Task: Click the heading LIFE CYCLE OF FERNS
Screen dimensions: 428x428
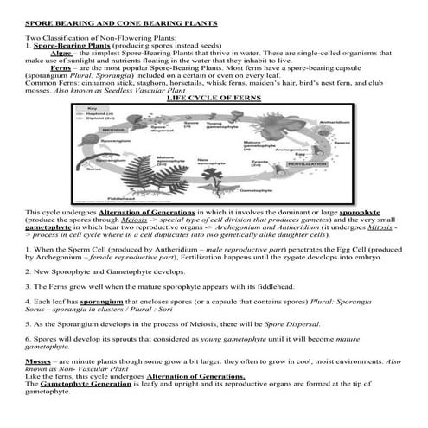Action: tap(213, 99)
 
